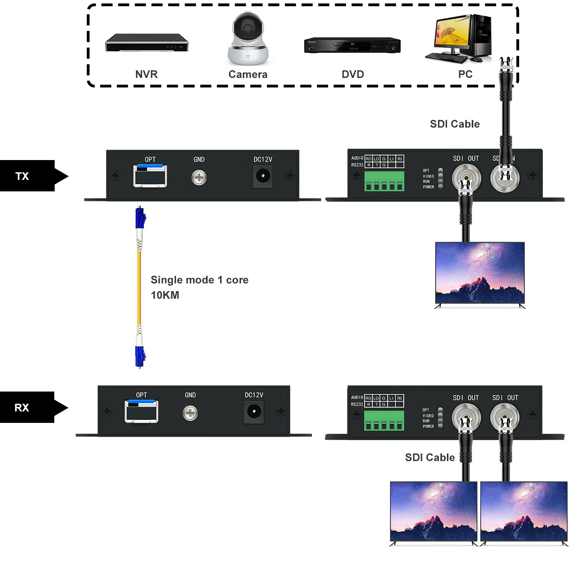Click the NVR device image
tap(147, 43)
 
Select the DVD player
tap(352, 45)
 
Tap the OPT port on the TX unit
tap(150, 176)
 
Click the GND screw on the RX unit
tap(190, 413)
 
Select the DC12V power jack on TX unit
tap(263, 176)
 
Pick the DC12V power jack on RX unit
tap(254, 411)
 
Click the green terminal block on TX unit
tap(384, 181)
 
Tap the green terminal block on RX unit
tap(384, 421)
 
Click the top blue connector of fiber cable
tap(140, 218)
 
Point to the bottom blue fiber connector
tap(140, 356)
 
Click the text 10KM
tap(165, 295)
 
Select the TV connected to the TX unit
tap(480, 274)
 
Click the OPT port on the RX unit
tap(141, 411)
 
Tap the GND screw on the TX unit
tap(199, 178)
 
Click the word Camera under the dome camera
tap(248, 74)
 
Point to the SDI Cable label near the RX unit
tap(430, 457)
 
